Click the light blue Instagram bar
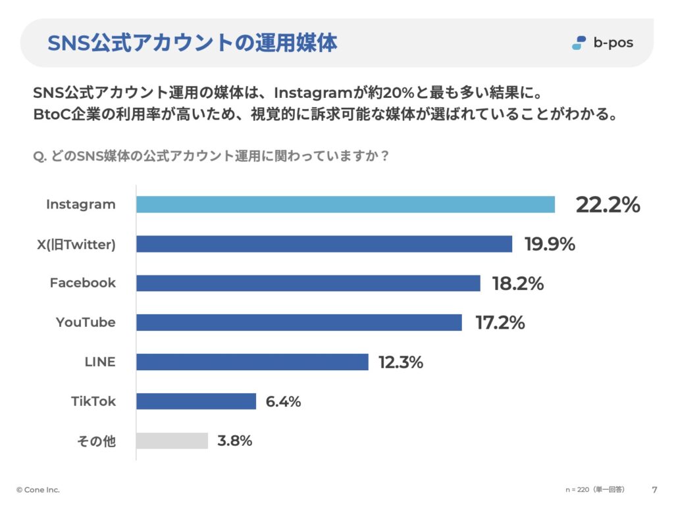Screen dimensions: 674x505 [346, 204]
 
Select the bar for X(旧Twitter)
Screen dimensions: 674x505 [324, 244]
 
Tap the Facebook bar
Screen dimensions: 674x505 [308, 283]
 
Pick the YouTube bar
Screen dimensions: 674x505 [299, 322]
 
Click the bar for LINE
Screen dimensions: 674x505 [252, 362]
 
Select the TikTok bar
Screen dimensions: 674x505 [196, 402]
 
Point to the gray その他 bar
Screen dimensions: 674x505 [172, 441]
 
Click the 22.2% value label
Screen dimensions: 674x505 [608, 204]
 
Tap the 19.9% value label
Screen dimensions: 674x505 [550, 244]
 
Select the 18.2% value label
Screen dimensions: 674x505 [518, 283]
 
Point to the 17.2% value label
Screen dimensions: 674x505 [500, 322]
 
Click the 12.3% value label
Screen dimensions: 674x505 [401, 362]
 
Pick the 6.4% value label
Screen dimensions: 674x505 [283, 402]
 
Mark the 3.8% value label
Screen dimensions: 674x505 [235, 441]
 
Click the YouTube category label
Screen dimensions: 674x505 [86, 322]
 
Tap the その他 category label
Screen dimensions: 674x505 [96, 441]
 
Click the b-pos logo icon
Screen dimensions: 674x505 [579, 43]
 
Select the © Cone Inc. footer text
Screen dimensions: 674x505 [38, 489]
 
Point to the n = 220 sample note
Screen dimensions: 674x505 [595, 489]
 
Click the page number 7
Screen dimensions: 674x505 [655, 489]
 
